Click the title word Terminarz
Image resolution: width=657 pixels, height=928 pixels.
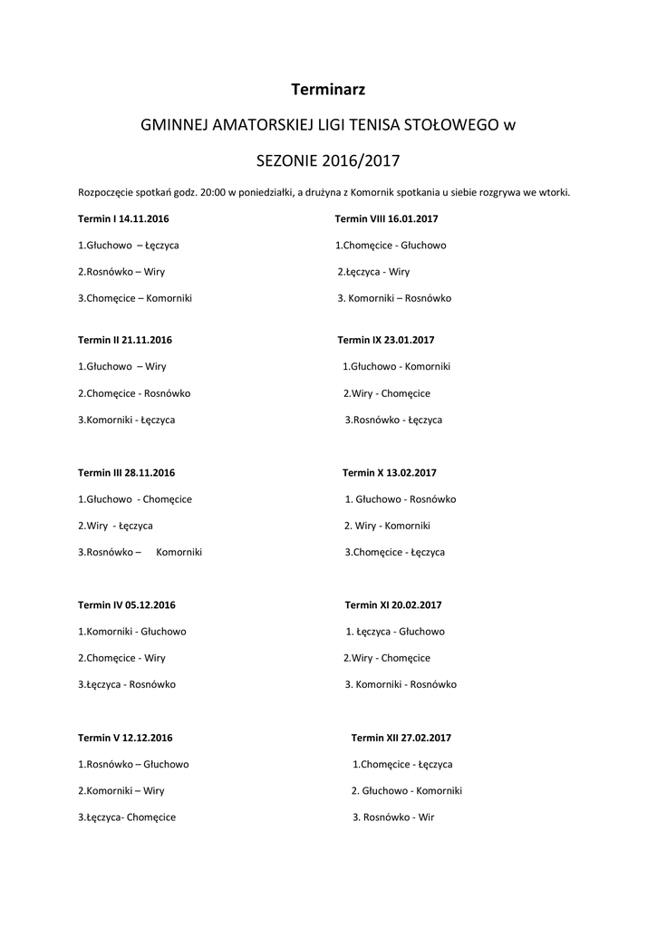point(328,89)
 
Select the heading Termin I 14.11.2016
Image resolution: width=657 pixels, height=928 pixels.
point(124,219)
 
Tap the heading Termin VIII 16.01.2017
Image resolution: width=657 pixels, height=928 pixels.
point(386,219)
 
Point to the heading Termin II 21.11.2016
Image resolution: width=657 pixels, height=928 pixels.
point(125,340)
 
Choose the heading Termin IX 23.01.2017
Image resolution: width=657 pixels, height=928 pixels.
point(386,340)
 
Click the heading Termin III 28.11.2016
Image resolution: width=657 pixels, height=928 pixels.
point(127,472)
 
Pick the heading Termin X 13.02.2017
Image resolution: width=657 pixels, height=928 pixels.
point(390,472)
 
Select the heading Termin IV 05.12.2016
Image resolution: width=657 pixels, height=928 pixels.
point(127,604)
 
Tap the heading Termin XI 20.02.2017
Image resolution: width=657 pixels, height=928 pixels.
point(393,604)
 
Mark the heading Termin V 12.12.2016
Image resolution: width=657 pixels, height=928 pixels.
point(125,738)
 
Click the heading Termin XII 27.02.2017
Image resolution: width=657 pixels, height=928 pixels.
point(401,738)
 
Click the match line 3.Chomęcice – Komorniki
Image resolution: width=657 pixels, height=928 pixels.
point(135,298)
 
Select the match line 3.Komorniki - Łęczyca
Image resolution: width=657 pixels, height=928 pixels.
point(127,420)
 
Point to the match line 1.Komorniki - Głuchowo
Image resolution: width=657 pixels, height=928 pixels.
point(132,631)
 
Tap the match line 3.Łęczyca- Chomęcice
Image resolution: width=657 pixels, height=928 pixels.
point(127,817)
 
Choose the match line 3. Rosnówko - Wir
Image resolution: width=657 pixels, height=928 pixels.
point(393,817)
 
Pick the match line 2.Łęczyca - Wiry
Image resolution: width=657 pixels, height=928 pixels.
point(373,271)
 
